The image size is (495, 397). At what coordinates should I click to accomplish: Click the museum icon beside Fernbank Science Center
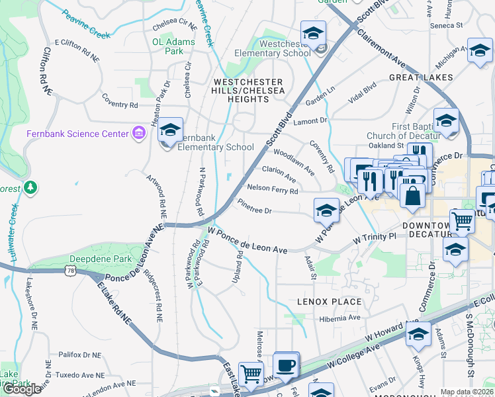(x=138, y=134)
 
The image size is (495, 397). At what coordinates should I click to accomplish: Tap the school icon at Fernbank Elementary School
(x=171, y=130)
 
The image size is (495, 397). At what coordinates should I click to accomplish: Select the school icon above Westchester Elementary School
(x=313, y=32)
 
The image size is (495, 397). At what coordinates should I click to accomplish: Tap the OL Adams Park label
(x=173, y=46)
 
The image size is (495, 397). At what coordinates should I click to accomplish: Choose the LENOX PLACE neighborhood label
(x=329, y=302)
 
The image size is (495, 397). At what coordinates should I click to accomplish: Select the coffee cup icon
(x=286, y=365)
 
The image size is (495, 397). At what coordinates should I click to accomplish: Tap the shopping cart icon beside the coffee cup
(x=251, y=375)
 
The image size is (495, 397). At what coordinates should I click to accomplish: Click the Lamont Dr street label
(x=310, y=121)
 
